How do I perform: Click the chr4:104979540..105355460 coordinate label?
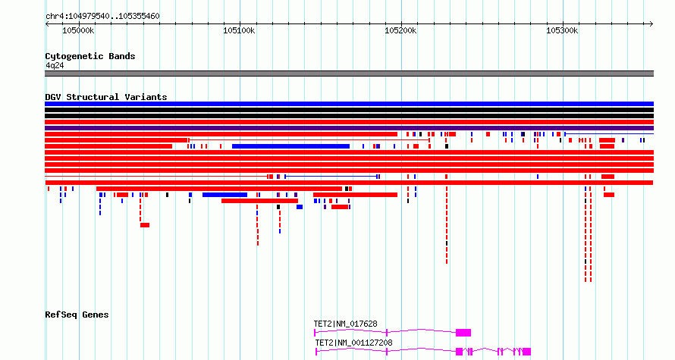coord(102,17)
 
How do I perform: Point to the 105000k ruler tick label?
coord(78,30)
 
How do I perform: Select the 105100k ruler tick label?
coord(239,30)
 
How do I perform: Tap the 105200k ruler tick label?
coord(400,30)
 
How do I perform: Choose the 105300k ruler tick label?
coord(562,30)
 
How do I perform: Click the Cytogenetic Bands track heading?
coord(90,56)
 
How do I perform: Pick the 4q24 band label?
coord(55,65)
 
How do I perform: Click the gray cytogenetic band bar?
coord(349,74)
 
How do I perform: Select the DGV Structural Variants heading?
coord(106,97)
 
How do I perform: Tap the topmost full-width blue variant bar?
coord(349,104)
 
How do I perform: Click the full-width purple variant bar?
coord(349,128)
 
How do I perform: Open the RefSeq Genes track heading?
coord(77,315)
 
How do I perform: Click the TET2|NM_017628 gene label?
coord(345,324)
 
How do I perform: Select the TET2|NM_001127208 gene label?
coord(354,343)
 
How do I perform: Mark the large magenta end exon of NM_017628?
coord(463,333)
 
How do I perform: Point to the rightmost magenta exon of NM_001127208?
coord(527,352)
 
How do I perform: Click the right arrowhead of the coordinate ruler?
coord(651,24)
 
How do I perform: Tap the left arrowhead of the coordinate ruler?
coord(47,24)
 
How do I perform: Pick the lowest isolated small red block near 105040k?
coord(145,225)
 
